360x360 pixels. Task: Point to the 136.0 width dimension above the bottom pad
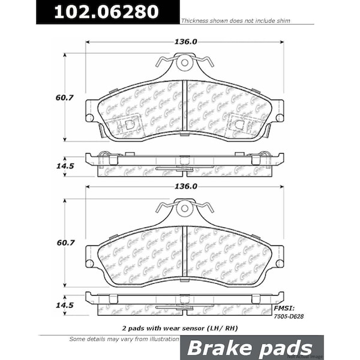tap(185, 187)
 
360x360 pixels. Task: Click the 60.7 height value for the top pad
tap(53, 98)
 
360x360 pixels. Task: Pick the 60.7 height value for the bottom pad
tap(53, 243)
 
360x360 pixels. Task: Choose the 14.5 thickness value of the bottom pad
tap(53, 305)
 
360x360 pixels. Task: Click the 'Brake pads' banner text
tap(250, 348)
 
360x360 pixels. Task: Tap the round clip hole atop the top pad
tap(185, 62)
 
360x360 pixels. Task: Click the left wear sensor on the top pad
tap(128, 125)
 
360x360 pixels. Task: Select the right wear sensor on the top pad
tap(240, 125)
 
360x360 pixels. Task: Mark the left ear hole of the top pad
tap(90, 118)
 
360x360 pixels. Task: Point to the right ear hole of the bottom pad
tap(280, 263)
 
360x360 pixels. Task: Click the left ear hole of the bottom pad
tap(90, 263)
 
